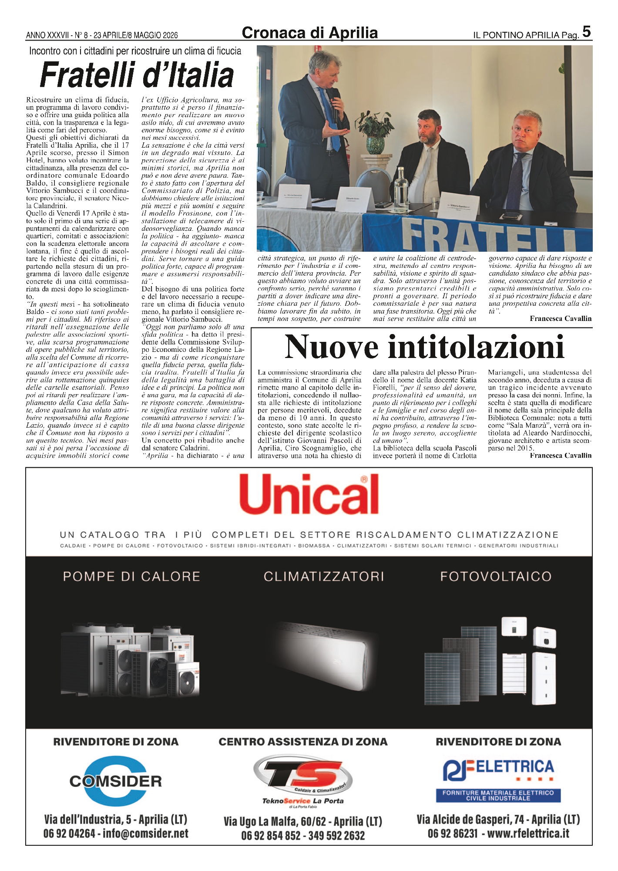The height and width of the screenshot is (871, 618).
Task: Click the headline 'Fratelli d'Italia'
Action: (137, 75)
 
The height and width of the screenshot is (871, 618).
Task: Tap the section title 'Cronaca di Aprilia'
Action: (309, 33)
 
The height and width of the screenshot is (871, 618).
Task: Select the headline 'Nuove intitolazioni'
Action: (424, 347)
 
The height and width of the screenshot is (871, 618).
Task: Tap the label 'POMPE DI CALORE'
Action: (131, 577)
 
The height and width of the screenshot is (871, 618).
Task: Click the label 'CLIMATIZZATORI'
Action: (324, 577)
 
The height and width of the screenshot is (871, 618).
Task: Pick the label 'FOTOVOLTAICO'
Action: (496, 577)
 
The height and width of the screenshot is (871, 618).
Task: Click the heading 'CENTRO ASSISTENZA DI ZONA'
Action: (303, 742)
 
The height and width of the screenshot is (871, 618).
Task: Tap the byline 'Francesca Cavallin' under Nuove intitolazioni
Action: (561, 456)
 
